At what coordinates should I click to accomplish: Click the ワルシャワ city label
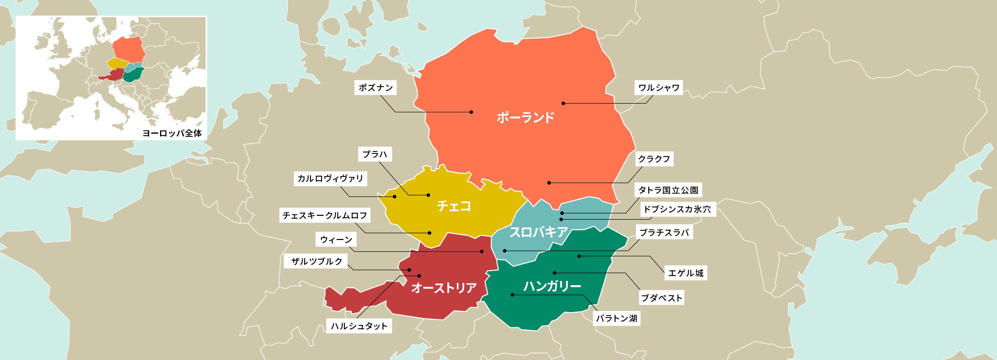[x=659, y=88]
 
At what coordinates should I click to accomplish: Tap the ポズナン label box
[x=375, y=88]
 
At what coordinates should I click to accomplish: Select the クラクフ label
[x=654, y=159]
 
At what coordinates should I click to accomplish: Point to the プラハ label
[x=375, y=154]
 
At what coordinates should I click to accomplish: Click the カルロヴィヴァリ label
[x=330, y=178]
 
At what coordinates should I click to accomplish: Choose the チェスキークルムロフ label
[x=325, y=215]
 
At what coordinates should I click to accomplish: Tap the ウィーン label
[x=336, y=240]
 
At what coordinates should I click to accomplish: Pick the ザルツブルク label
[x=317, y=261]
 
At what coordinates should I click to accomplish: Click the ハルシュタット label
[x=359, y=326]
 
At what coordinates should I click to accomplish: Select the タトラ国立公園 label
[x=668, y=190]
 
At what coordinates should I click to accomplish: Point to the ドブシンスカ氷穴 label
[x=677, y=209]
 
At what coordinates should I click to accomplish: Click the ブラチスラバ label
[x=664, y=233]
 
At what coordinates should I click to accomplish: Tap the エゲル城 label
[x=685, y=273]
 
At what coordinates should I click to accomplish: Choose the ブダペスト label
[x=662, y=298]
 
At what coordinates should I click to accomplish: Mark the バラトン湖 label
[x=617, y=318]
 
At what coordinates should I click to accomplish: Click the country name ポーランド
[x=525, y=117]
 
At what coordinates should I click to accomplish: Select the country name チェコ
[x=454, y=206]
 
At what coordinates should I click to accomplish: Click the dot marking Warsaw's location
[x=563, y=103]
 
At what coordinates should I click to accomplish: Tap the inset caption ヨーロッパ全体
[x=172, y=133]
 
